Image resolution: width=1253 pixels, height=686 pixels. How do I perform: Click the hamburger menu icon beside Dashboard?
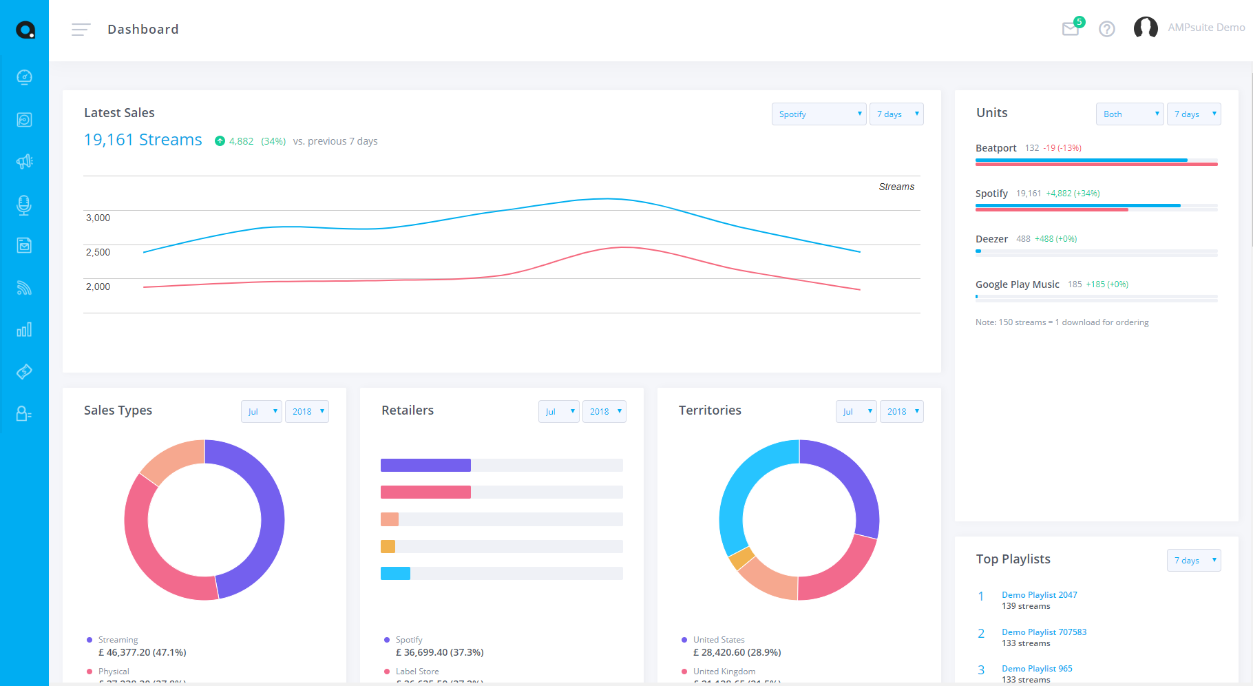click(81, 30)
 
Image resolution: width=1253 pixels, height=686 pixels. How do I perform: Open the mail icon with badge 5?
click(1071, 29)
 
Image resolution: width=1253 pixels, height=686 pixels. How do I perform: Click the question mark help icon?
click(1106, 29)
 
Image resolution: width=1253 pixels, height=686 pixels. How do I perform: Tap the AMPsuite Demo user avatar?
click(1146, 28)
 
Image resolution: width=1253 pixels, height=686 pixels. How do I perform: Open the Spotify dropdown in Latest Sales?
click(819, 114)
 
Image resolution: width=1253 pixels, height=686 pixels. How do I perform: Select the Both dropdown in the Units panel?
click(1129, 114)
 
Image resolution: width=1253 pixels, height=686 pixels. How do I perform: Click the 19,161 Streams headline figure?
click(143, 140)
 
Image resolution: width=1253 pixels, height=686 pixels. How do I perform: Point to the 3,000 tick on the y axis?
click(98, 218)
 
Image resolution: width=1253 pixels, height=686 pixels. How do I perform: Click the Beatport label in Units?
click(996, 148)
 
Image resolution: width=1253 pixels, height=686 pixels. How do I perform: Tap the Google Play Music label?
click(1017, 284)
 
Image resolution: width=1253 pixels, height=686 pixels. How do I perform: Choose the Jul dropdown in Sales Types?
click(261, 412)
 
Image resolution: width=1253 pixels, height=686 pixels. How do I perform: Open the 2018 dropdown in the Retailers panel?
click(604, 412)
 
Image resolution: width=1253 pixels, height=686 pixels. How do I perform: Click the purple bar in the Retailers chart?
click(425, 466)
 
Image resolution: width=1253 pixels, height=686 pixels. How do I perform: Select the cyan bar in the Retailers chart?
click(395, 573)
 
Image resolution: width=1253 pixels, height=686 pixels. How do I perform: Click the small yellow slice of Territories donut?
click(741, 559)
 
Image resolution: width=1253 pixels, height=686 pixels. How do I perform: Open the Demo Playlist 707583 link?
click(1044, 632)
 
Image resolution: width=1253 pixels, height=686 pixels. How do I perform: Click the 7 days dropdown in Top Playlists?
click(1193, 561)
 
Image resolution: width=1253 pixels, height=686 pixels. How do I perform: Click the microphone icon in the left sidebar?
click(24, 205)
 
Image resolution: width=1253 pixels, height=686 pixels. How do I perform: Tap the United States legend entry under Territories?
click(719, 640)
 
